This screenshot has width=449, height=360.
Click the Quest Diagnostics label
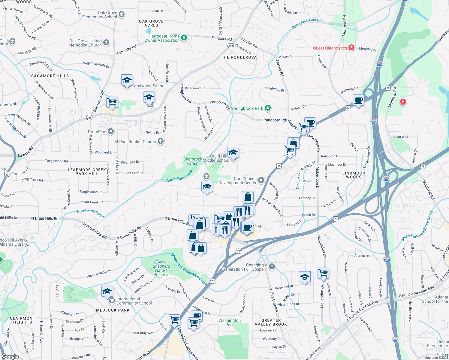330,48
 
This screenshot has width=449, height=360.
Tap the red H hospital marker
403,102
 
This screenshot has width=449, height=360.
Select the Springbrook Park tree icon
268,108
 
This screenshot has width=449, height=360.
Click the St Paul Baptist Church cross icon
161,141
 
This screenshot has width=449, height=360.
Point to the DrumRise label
97,132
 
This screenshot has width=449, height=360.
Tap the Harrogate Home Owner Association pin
184,38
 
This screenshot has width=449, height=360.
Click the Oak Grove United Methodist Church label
85,43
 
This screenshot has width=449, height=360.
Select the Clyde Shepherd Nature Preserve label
161,268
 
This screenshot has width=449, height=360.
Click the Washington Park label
230,322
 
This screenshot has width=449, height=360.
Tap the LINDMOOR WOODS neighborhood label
354,175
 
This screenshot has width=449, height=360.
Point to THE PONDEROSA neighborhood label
239,57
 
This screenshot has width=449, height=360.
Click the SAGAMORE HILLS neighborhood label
50,76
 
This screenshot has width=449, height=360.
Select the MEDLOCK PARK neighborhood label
113,310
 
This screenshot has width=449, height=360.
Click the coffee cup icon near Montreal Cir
358,100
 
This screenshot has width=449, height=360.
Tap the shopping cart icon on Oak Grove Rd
112,102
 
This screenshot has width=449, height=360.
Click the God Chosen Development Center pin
261,180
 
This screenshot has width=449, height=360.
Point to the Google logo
10,356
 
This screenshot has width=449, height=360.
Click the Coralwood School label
149,86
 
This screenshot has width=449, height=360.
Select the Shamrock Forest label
193,161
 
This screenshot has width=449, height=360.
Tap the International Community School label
134,301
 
